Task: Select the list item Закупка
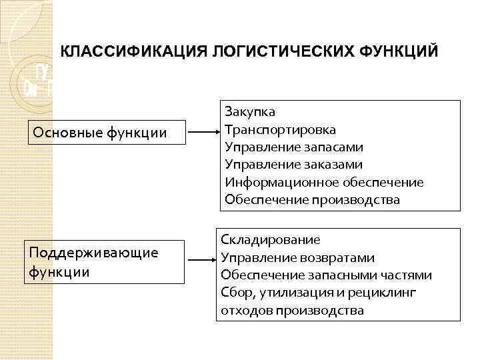(x=250, y=111)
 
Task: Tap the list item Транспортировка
(x=280, y=129)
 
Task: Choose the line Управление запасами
(x=293, y=147)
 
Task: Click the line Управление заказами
(x=293, y=164)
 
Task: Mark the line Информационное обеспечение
(x=324, y=182)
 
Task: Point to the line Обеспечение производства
(x=312, y=199)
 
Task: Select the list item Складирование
(x=270, y=239)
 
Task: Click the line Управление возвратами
(x=297, y=257)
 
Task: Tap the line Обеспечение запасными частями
(x=326, y=275)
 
